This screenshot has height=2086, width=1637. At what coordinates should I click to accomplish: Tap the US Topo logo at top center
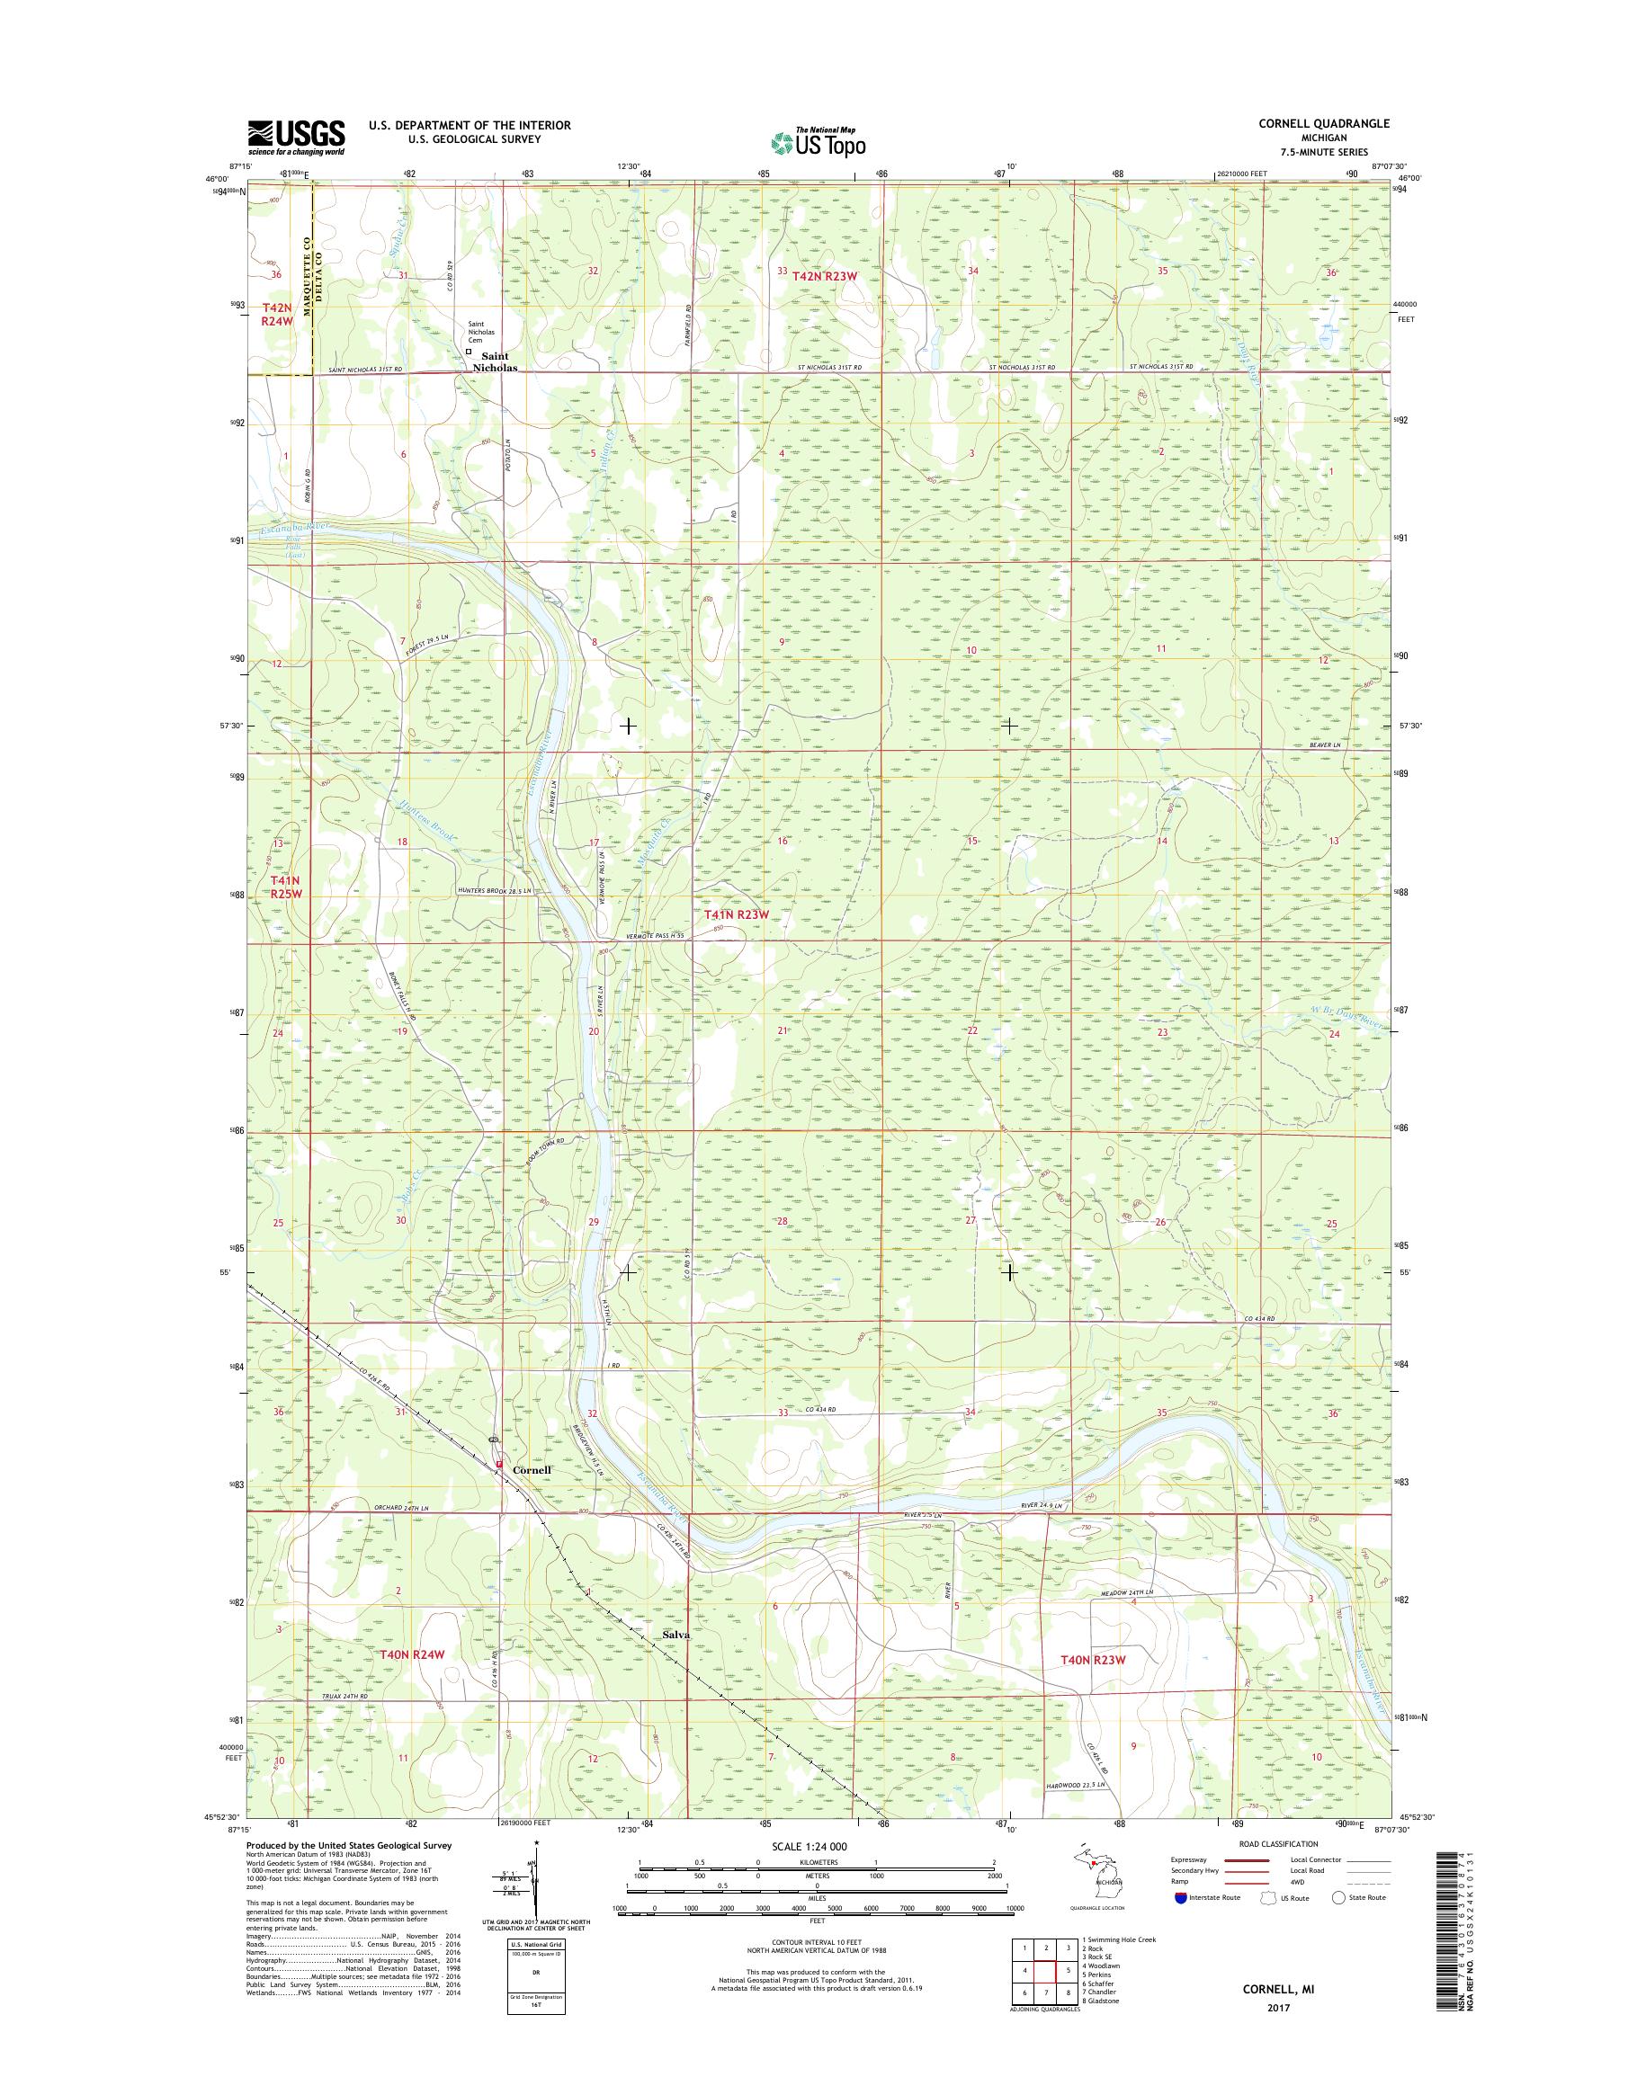click(x=818, y=142)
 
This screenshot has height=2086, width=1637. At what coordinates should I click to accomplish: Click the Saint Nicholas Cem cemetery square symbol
click(x=469, y=352)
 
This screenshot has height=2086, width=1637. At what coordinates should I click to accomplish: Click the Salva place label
click(x=676, y=1635)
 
